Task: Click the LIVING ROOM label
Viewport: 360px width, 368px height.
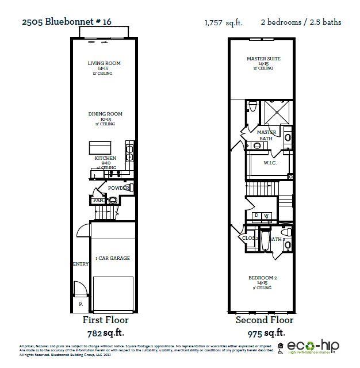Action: (x=104, y=63)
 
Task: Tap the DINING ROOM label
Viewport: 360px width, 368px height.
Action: (x=104, y=114)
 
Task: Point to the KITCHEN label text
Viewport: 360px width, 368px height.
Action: (x=105, y=158)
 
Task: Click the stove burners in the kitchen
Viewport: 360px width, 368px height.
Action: (x=114, y=172)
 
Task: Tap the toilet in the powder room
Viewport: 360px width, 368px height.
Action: (x=113, y=200)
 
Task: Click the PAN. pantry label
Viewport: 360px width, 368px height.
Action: (x=98, y=200)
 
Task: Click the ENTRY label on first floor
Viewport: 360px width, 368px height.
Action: (x=80, y=264)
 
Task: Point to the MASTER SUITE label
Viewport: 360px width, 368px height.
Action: (x=263, y=59)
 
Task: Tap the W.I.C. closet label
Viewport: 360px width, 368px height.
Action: (x=271, y=163)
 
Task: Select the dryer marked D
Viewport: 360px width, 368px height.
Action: (x=256, y=216)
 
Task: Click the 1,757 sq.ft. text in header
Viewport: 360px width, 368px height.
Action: (x=224, y=23)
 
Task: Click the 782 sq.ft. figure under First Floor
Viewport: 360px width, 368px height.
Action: (x=106, y=332)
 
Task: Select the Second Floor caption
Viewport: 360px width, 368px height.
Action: (x=264, y=320)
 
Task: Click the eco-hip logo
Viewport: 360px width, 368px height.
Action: (x=313, y=347)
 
